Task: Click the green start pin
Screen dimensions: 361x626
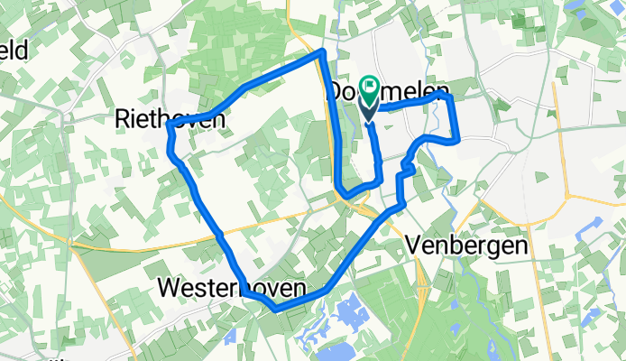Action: (371, 88)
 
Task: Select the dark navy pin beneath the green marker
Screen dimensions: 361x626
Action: (371, 110)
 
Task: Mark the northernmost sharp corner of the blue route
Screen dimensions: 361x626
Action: (321, 54)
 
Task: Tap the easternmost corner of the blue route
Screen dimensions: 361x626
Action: (458, 139)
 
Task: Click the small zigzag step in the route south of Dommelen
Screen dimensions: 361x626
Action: (409, 168)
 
